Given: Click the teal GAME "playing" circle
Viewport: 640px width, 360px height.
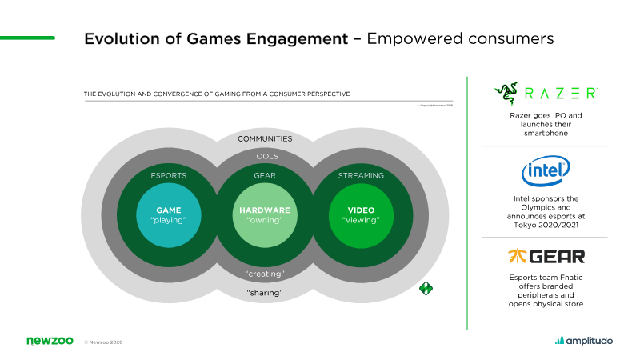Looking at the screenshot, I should coord(170,216).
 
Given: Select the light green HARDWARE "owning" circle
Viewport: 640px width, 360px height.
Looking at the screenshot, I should coord(265,216).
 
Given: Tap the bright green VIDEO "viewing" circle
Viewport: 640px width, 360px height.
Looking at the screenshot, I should coord(361,216).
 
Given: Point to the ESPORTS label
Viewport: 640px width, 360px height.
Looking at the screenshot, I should coord(169,175).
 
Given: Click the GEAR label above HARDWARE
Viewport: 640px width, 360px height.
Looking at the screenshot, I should coord(265,175).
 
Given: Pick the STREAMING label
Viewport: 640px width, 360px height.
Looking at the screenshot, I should coord(361,175).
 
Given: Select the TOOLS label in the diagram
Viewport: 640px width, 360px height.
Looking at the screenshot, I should coord(265,157).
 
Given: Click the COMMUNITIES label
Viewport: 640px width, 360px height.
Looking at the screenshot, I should coord(265,138).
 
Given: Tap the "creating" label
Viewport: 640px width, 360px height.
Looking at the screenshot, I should coord(265,274).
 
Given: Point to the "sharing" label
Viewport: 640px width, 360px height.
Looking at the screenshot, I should coord(265,293).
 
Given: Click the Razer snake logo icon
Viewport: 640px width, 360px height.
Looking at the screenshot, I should coord(506,93).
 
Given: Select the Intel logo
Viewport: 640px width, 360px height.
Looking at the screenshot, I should coord(546,170).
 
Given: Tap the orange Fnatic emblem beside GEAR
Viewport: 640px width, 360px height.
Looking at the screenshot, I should coord(517,257).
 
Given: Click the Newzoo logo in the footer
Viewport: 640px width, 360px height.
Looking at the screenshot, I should coord(50,341).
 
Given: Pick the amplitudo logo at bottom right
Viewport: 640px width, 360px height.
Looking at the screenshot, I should coord(584,341).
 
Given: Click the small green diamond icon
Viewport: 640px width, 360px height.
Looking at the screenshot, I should coord(426,288).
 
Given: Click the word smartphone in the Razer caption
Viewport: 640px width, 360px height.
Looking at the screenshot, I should coord(546,134).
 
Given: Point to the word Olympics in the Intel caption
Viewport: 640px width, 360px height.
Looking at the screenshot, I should coord(546,206).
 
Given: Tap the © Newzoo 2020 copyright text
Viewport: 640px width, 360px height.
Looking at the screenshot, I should coord(103,342).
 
